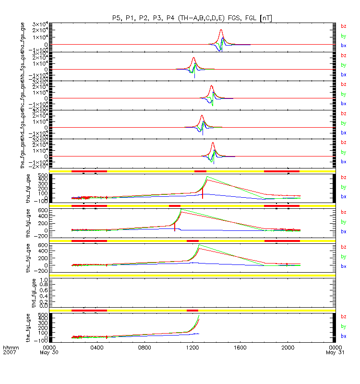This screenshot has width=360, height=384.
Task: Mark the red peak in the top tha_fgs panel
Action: click(x=221, y=30)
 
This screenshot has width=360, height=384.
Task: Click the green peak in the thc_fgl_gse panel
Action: click(x=199, y=244)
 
